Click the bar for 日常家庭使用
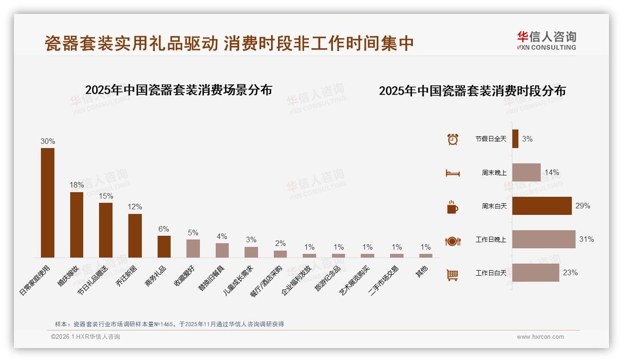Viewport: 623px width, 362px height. point(47,203)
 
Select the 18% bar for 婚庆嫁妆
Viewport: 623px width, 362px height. point(77,225)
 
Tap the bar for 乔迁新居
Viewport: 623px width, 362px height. point(135,235)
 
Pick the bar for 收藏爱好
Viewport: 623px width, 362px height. point(193,248)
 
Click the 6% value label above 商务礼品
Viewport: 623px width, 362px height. point(164,229)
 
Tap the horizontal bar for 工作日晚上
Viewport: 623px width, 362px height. point(543,239)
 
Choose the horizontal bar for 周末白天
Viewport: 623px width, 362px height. point(542,206)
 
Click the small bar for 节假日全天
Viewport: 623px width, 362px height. point(515,139)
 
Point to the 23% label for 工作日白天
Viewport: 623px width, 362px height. point(570,273)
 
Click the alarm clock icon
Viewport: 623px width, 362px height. point(452,139)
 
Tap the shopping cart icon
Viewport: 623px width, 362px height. point(452,275)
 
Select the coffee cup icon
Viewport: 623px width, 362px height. point(452,207)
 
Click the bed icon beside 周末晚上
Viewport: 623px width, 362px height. point(452,173)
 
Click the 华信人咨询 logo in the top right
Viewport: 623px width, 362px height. point(546,41)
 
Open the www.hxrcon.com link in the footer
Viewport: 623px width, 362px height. point(540,337)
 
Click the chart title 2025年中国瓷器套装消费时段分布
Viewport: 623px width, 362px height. point(472,91)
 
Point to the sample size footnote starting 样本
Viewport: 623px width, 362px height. point(169,324)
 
